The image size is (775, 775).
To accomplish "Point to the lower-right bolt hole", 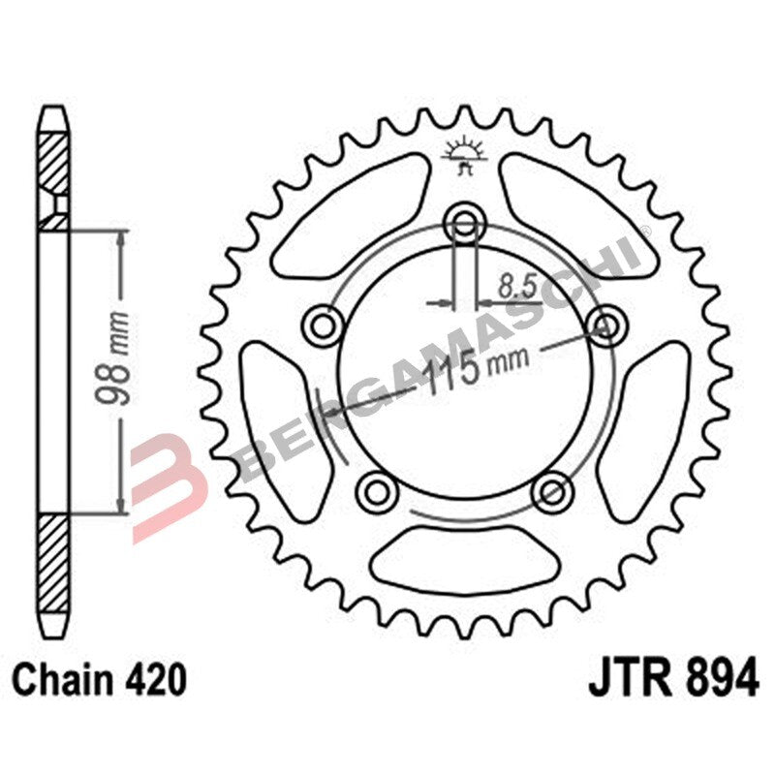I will point(552,489).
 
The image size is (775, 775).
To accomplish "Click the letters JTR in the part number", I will point(629,679).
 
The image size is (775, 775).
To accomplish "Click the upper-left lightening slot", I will point(347,216).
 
